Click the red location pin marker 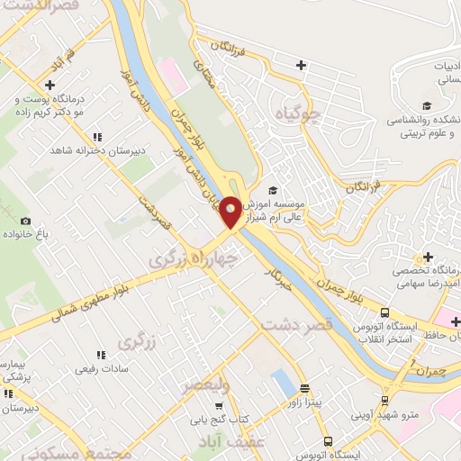pos(231,212)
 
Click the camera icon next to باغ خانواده pos(24,221)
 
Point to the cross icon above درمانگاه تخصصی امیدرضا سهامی pos(429,258)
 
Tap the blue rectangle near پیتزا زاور pos(283,385)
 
